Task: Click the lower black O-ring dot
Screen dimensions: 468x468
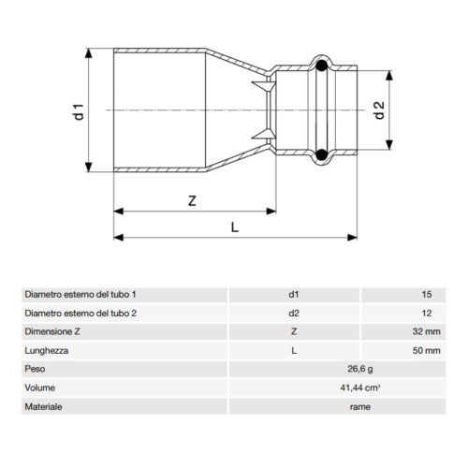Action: [322, 154]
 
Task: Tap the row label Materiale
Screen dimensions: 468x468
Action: [43, 407]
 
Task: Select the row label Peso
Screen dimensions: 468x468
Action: [35, 369]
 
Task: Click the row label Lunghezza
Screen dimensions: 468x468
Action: [47, 350]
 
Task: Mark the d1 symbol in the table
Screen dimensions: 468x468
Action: [295, 294]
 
